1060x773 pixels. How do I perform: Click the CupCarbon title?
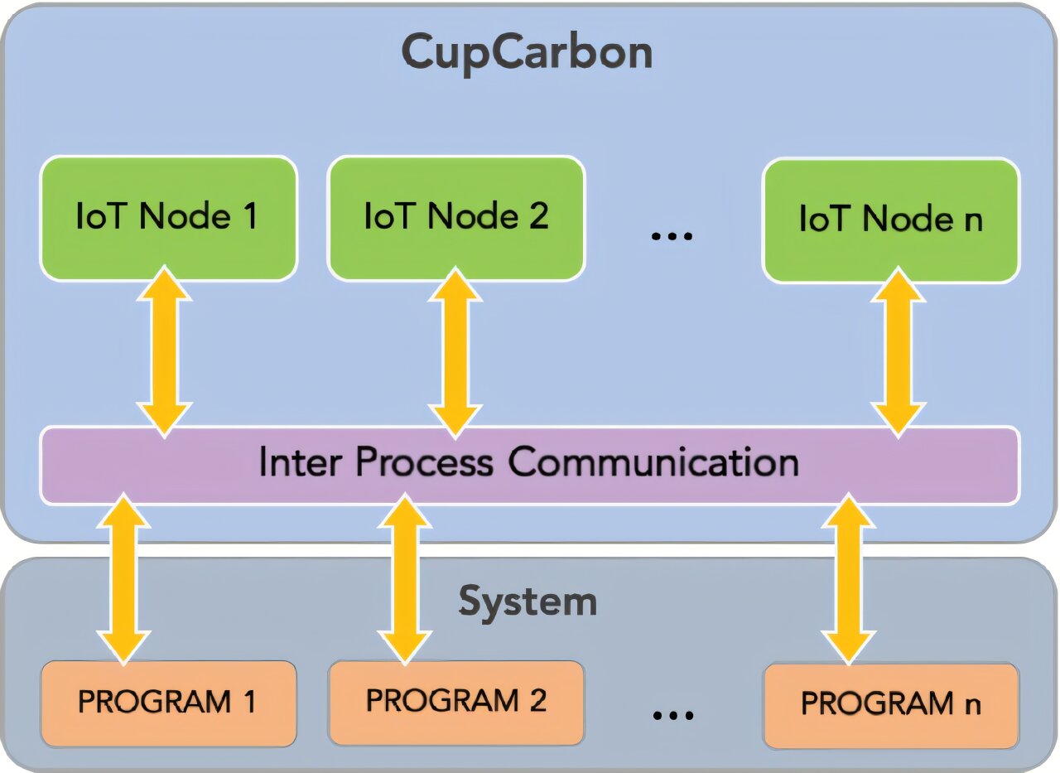(527, 52)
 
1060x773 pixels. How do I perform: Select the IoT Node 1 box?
(168, 217)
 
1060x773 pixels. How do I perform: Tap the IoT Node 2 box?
(456, 217)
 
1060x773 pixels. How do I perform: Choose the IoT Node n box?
(890, 220)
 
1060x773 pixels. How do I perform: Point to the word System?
(528, 601)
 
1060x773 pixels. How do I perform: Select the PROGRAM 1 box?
(168, 703)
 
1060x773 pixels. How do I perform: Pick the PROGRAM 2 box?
(456, 701)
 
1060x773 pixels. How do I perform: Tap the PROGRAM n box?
(890, 704)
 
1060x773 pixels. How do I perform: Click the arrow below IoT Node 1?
(165, 350)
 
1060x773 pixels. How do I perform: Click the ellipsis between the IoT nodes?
(671, 236)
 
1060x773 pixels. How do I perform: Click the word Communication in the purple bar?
(653, 462)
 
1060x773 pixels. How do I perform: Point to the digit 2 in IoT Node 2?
(537, 215)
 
